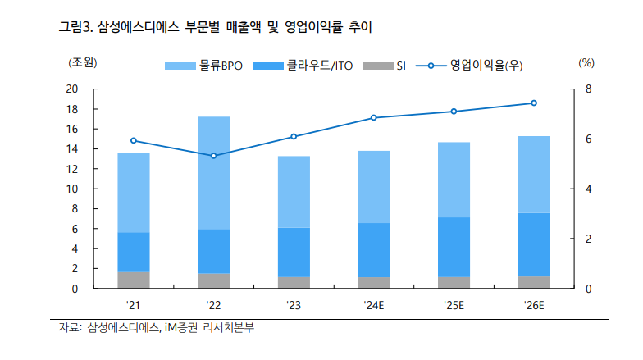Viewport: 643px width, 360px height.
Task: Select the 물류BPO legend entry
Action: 203,66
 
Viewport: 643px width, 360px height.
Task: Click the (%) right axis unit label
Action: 586,63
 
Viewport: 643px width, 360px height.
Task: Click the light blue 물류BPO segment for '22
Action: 213,172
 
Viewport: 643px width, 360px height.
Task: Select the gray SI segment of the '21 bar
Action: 134,280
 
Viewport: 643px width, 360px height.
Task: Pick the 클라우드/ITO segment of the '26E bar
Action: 534,244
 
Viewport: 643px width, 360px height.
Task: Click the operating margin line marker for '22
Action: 213,156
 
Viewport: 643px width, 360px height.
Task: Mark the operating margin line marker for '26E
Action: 534,103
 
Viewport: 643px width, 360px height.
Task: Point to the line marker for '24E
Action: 373,117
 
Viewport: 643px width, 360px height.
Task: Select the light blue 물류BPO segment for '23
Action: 294,192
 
